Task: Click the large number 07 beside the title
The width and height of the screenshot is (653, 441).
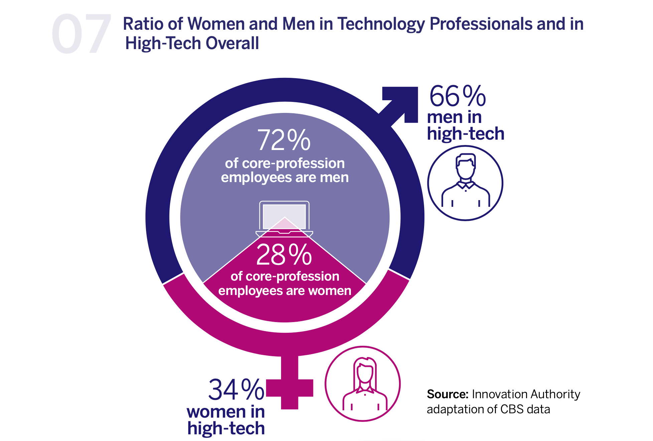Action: (81, 34)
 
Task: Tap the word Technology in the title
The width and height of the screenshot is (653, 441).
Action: (381, 24)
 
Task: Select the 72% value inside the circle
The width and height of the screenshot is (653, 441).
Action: (284, 140)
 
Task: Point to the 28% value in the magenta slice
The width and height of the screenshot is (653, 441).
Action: (284, 255)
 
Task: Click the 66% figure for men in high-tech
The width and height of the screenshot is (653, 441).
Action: (457, 96)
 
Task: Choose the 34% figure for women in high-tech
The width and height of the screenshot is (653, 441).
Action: (236, 390)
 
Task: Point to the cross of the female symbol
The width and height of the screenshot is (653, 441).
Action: (290, 388)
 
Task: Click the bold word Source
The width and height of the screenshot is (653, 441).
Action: (447, 394)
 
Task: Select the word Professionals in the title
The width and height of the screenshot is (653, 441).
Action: (481, 24)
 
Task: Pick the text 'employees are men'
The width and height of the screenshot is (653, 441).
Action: (285, 177)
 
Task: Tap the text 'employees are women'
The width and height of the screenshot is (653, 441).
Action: (285, 291)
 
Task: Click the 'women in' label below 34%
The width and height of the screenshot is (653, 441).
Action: (226, 412)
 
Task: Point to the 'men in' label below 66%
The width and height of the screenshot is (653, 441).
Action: (454, 117)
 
